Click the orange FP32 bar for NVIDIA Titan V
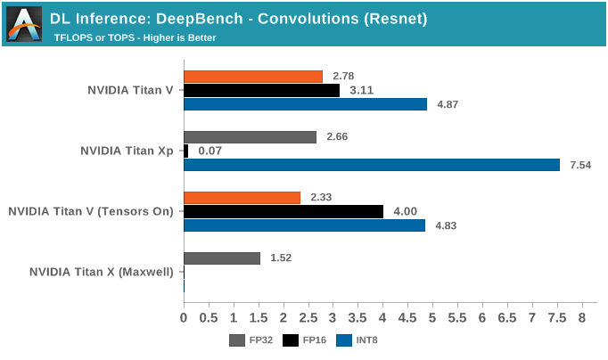pos(253,77)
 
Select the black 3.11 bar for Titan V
pos(261,90)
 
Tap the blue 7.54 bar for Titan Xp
pos(372,165)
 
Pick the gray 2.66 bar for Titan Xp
pos(250,137)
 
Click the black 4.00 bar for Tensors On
pos(283,211)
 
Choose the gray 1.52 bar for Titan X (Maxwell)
pos(222,258)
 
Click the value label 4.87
pos(448,104)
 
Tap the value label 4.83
pos(446,225)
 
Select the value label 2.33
pos(323,197)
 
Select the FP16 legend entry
pos(302,340)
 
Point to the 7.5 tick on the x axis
pos(556,317)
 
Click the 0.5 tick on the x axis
pos(209,317)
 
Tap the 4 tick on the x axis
pos(382,317)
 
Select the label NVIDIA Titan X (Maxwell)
pos(102,272)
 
